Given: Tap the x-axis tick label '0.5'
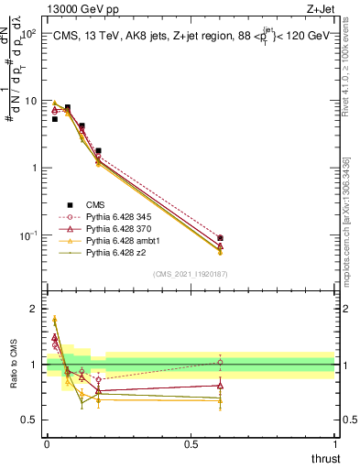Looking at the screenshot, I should tap(191, 444).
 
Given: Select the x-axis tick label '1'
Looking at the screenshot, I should tap(334, 444).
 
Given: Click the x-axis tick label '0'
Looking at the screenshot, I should tap(47, 444).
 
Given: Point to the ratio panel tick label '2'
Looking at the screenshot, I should tap(32, 309).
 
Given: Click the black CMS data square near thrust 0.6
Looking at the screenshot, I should tap(220, 238).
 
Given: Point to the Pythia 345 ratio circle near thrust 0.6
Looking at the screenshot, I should tap(220, 363).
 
